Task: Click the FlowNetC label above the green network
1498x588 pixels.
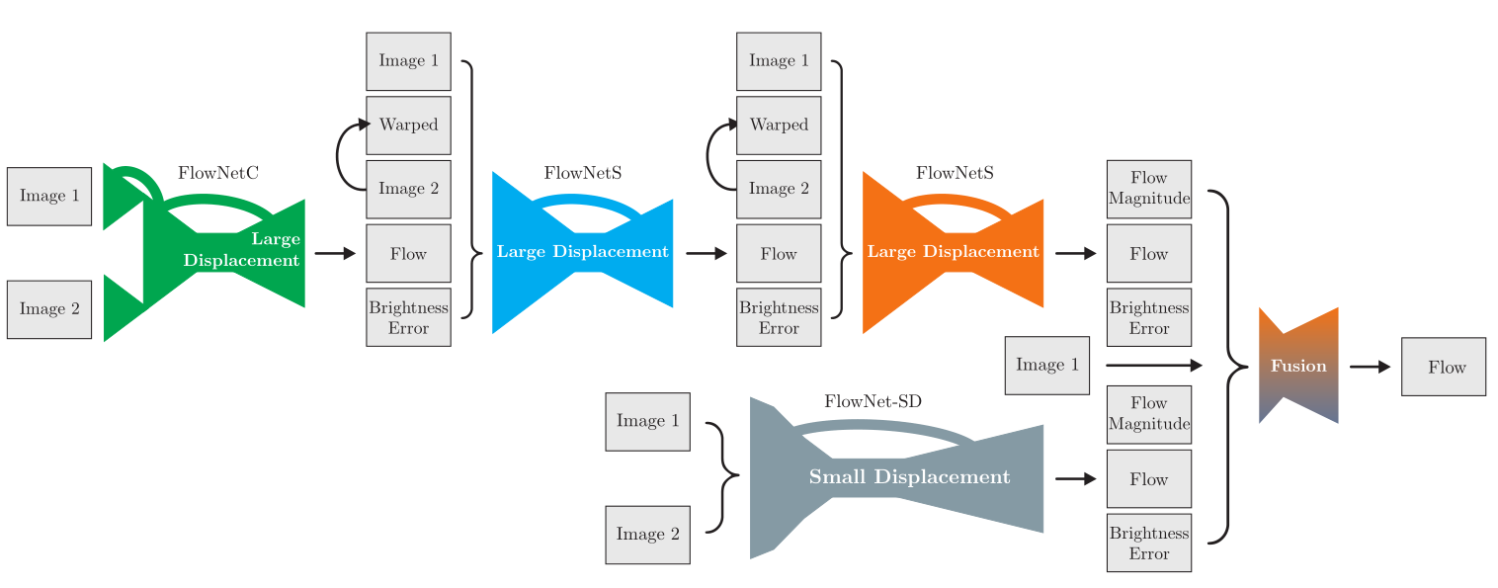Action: tap(218, 173)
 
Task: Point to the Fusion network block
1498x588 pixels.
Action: tap(1298, 367)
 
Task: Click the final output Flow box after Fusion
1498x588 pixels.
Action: tap(1443, 367)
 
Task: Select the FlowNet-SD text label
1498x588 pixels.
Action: tap(873, 401)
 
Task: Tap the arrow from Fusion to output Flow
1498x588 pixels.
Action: tap(1370, 367)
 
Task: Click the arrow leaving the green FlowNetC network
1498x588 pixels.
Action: tap(335, 254)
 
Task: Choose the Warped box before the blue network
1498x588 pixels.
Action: tap(408, 126)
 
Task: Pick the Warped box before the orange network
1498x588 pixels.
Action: tap(779, 126)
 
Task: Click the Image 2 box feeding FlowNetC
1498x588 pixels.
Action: tap(49, 309)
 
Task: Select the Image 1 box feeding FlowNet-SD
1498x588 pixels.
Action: tap(647, 422)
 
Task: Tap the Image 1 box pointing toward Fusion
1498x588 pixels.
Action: tap(1046, 366)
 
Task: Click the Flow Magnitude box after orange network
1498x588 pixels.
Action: tap(1149, 189)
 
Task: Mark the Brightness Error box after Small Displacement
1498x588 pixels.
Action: tap(1149, 543)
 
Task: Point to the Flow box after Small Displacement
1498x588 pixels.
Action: tap(1149, 479)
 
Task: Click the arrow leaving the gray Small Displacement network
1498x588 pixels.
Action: tap(1076, 479)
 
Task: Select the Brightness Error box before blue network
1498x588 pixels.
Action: tap(408, 317)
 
